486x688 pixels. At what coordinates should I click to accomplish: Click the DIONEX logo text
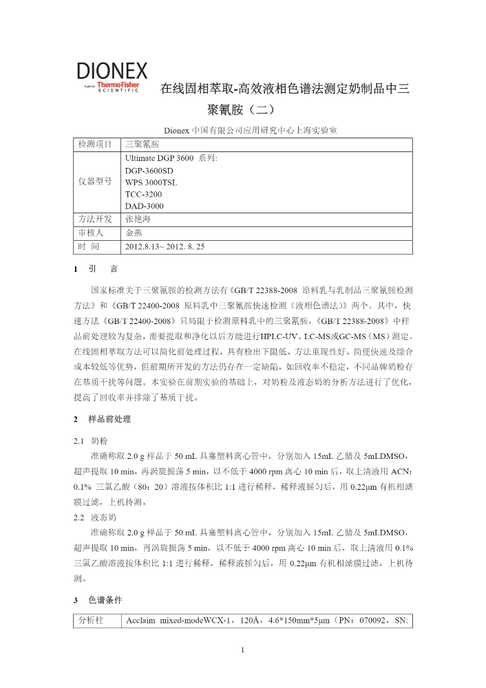(112, 70)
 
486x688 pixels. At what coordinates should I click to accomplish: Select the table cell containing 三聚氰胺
(142, 144)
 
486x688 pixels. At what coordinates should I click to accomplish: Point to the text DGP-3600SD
(149, 170)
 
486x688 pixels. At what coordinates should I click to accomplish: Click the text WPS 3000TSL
(151, 182)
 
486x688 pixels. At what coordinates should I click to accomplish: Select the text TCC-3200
(144, 194)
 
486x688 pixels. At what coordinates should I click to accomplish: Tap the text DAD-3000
(145, 206)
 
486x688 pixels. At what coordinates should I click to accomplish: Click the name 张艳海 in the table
(138, 219)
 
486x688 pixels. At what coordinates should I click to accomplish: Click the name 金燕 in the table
(134, 233)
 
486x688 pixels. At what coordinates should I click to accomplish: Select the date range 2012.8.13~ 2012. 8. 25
(165, 246)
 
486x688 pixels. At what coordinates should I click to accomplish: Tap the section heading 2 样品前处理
(102, 418)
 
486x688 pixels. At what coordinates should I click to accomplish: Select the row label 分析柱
(91, 620)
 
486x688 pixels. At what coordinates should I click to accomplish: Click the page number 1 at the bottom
(243, 649)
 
